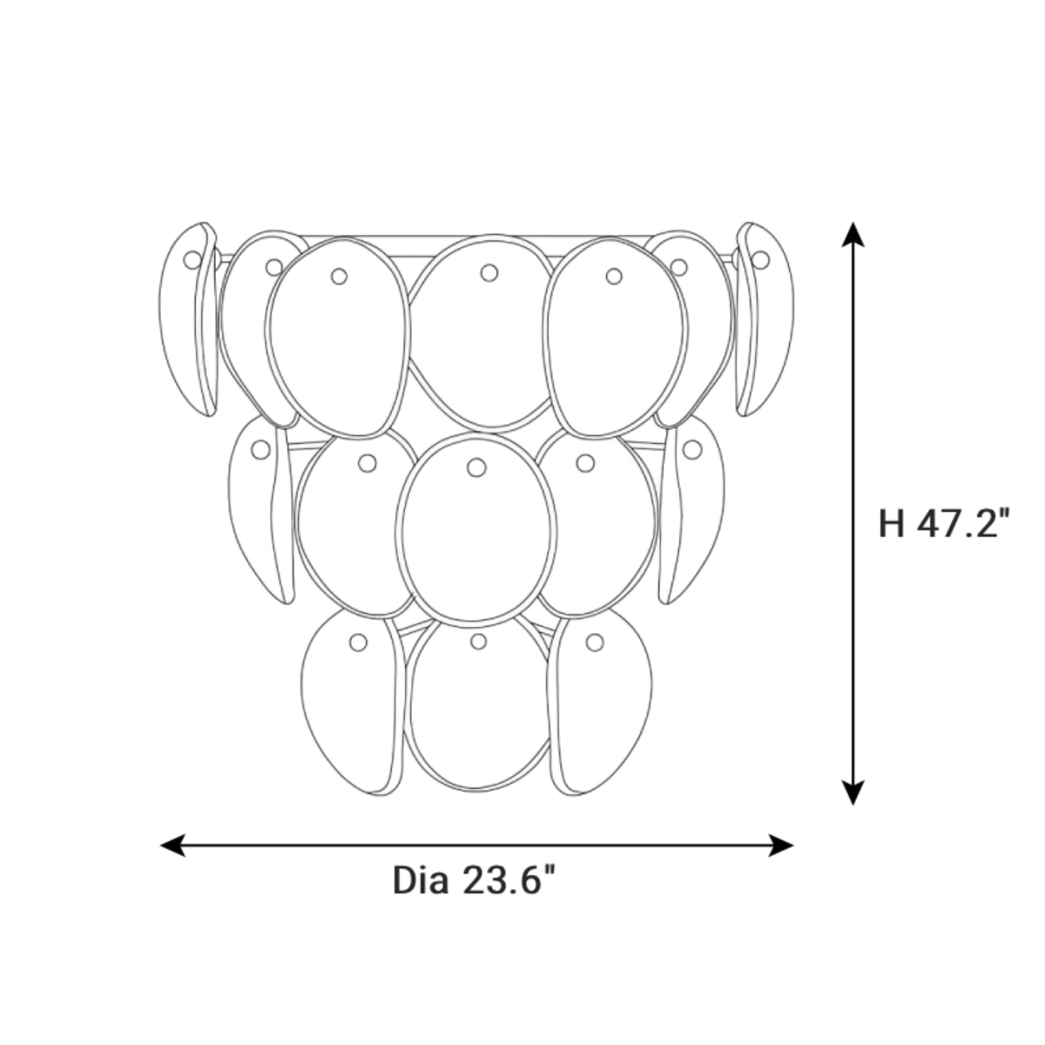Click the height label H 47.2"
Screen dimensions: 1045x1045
[x=945, y=524]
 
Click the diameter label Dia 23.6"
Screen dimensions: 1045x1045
[x=474, y=880]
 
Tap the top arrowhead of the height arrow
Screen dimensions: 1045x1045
[x=853, y=233]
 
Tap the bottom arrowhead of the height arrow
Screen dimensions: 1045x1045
[x=853, y=792]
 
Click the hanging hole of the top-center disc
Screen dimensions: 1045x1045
[x=489, y=273]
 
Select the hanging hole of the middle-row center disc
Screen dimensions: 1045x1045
[x=476, y=467]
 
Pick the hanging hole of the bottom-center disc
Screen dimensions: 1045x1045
[x=477, y=642]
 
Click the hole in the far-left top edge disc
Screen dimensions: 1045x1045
[x=192, y=259]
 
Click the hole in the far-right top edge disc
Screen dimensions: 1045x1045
[x=760, y=259]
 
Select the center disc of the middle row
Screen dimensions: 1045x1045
[x=476, y=531]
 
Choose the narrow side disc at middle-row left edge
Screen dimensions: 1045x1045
[x=259, y=514]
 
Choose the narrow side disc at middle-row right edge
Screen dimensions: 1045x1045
[x=692, y=514]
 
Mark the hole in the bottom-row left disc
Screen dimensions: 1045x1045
[x=357, y=643]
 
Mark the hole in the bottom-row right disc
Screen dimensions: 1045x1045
[x=595, y=643]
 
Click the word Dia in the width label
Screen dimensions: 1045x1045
[x=421, y=880]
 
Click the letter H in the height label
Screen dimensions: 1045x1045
[x=891, y=524]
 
